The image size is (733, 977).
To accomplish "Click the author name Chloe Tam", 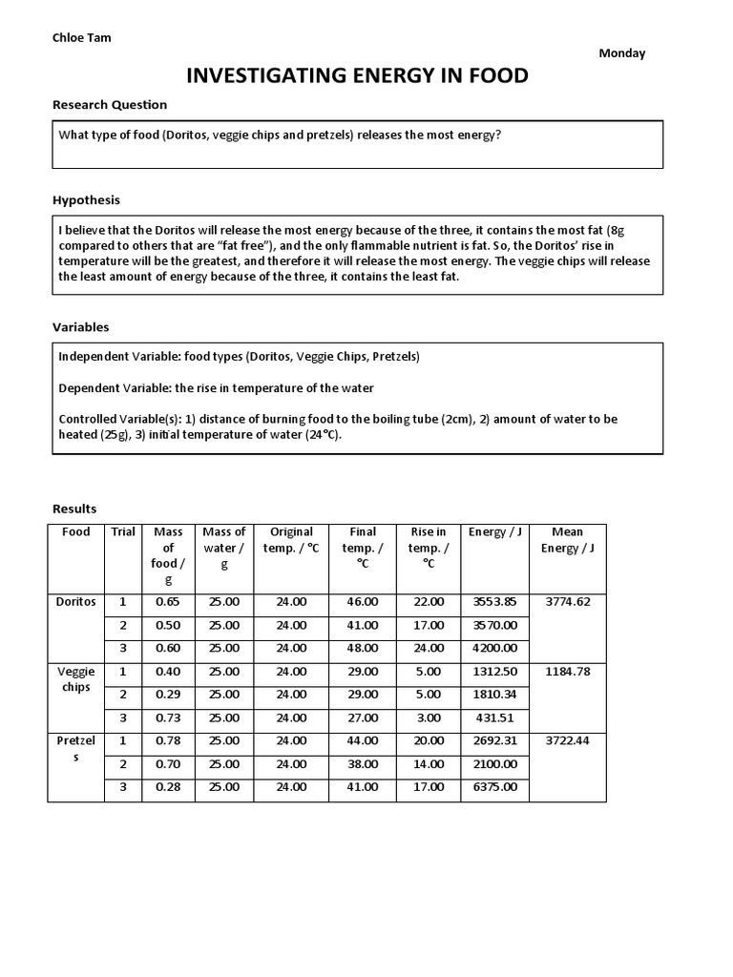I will (81, 38).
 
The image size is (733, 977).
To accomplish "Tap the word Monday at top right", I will (621, 53).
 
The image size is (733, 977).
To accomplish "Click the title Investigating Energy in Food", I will (357, 76).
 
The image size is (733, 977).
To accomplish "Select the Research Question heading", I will (109, 105).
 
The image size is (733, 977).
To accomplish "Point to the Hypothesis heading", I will (86, 200).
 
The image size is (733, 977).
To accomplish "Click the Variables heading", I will (80, 327).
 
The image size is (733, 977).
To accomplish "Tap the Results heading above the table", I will (74, 509).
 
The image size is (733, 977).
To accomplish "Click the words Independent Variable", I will (114, 357).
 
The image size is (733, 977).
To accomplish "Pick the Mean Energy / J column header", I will (567, 540).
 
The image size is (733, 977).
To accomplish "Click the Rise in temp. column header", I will (428, 548).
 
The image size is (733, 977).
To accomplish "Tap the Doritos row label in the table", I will (76, 602).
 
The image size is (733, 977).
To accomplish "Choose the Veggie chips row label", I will (76, 679).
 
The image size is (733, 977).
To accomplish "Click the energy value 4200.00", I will (494, 648).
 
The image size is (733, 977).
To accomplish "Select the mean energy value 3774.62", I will (567, 602).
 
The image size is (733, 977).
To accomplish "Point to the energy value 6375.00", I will (494, 787).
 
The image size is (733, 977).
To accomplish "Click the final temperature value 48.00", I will (363, 648).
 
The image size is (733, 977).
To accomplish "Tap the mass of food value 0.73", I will (168, 717).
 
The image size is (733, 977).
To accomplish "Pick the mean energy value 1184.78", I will (567, 672).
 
